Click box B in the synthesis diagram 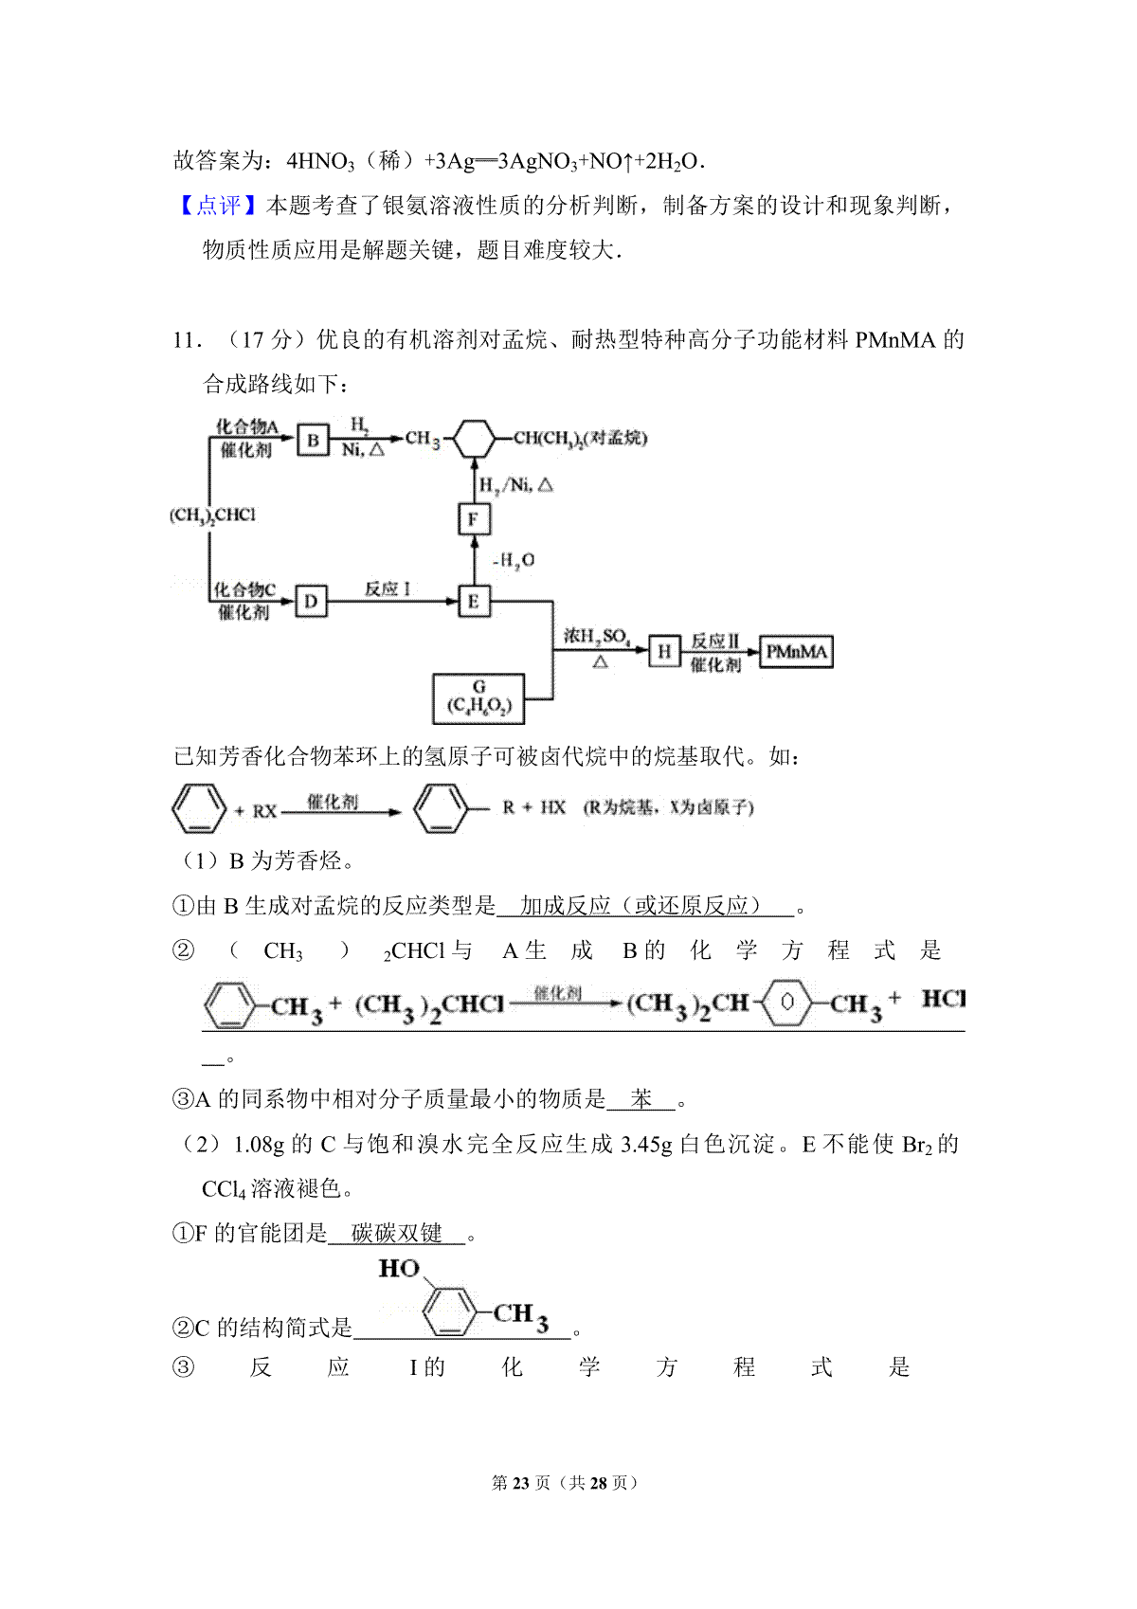[313, 440]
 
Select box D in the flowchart [311, 601]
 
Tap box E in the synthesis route [474, 601]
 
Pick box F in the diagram [474, 518]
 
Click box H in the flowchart [663, 652]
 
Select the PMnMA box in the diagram [796, 652]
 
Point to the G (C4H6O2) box [478, 698]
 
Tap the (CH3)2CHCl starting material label [212, 515]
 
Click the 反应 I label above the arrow [388, 589]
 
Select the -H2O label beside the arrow [514, 560]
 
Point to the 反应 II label [715, 640]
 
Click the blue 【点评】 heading [219, 206]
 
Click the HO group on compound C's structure [399, 1269]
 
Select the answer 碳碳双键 [396, 1234]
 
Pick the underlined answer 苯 [641, 1098]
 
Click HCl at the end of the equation [944, 999]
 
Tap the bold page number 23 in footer [521, 1483]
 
